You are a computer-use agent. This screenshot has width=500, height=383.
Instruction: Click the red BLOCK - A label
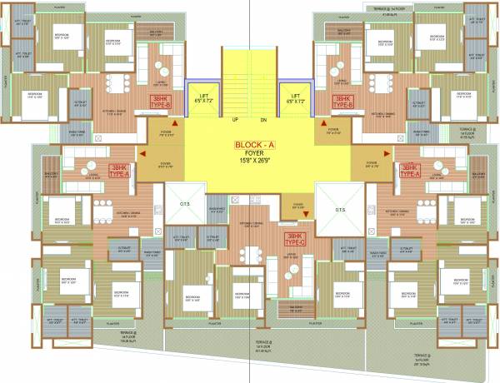[x=252, y=144]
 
